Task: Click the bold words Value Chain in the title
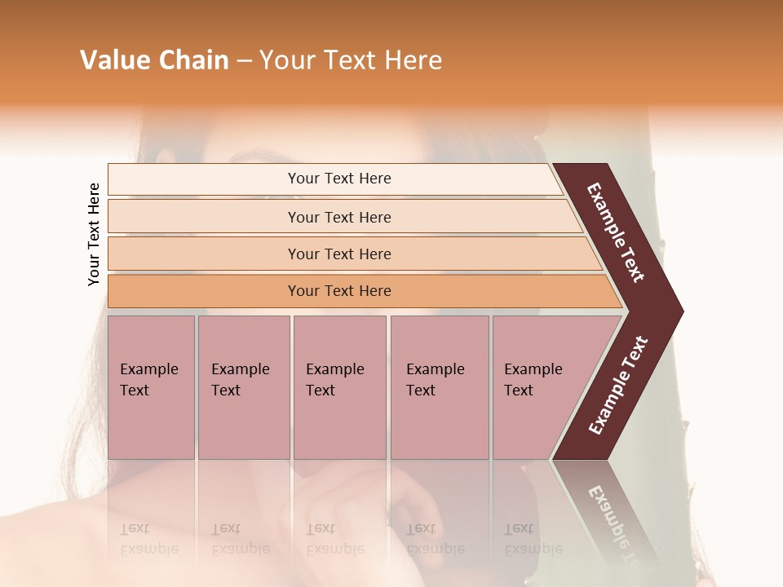[154, 60]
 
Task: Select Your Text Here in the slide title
[351, 60]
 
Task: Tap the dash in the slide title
[244, 61]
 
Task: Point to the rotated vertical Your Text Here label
[94, 234]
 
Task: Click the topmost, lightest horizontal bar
[338, 179]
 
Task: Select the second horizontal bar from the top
[338, 217]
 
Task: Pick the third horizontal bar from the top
[338, 254]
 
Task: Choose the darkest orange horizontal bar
[338, 291]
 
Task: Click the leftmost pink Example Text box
[151, 387]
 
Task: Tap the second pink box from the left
[243, 387]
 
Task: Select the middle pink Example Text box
[339, 387]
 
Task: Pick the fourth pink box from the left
[439, 387]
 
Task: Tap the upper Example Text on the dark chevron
[616, 232]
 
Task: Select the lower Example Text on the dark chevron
[618, 385]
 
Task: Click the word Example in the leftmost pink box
[148, 369]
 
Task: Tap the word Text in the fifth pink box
[518, 391]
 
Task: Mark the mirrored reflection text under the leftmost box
[148, 539]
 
